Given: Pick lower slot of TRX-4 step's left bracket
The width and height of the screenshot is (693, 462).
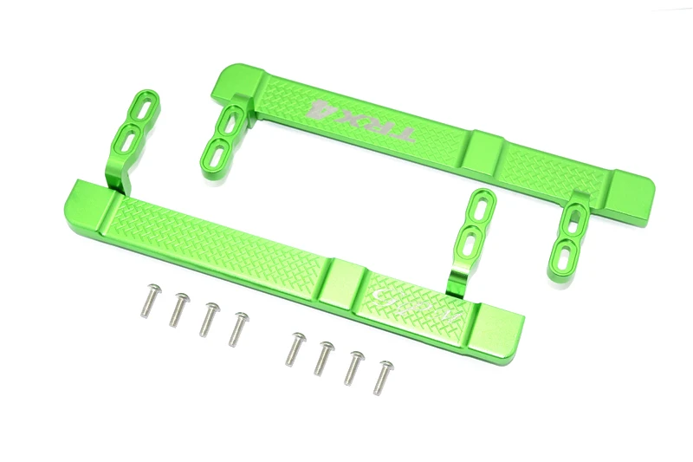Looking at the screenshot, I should [x=210, y=153].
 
